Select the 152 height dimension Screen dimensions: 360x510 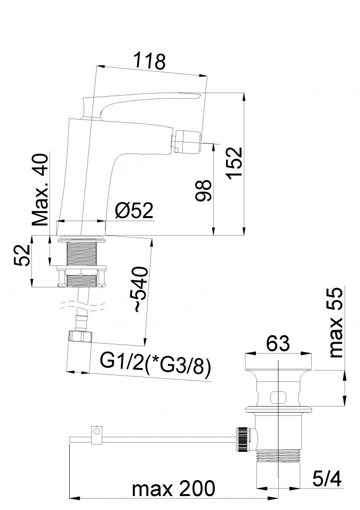(x=235, y=162)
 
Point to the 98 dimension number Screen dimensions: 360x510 (x=204, y=190)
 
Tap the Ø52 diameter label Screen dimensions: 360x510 (x=133, y=211)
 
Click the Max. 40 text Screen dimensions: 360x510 (x=41, y=190)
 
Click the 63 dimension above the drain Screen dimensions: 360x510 (x=277, y=343)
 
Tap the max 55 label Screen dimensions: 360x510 (x=336, y=323)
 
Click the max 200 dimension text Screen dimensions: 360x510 (x=174, y=488)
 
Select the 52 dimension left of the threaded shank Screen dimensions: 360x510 (x=22, y=255)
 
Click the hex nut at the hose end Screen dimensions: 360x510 (x=80, y=336)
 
